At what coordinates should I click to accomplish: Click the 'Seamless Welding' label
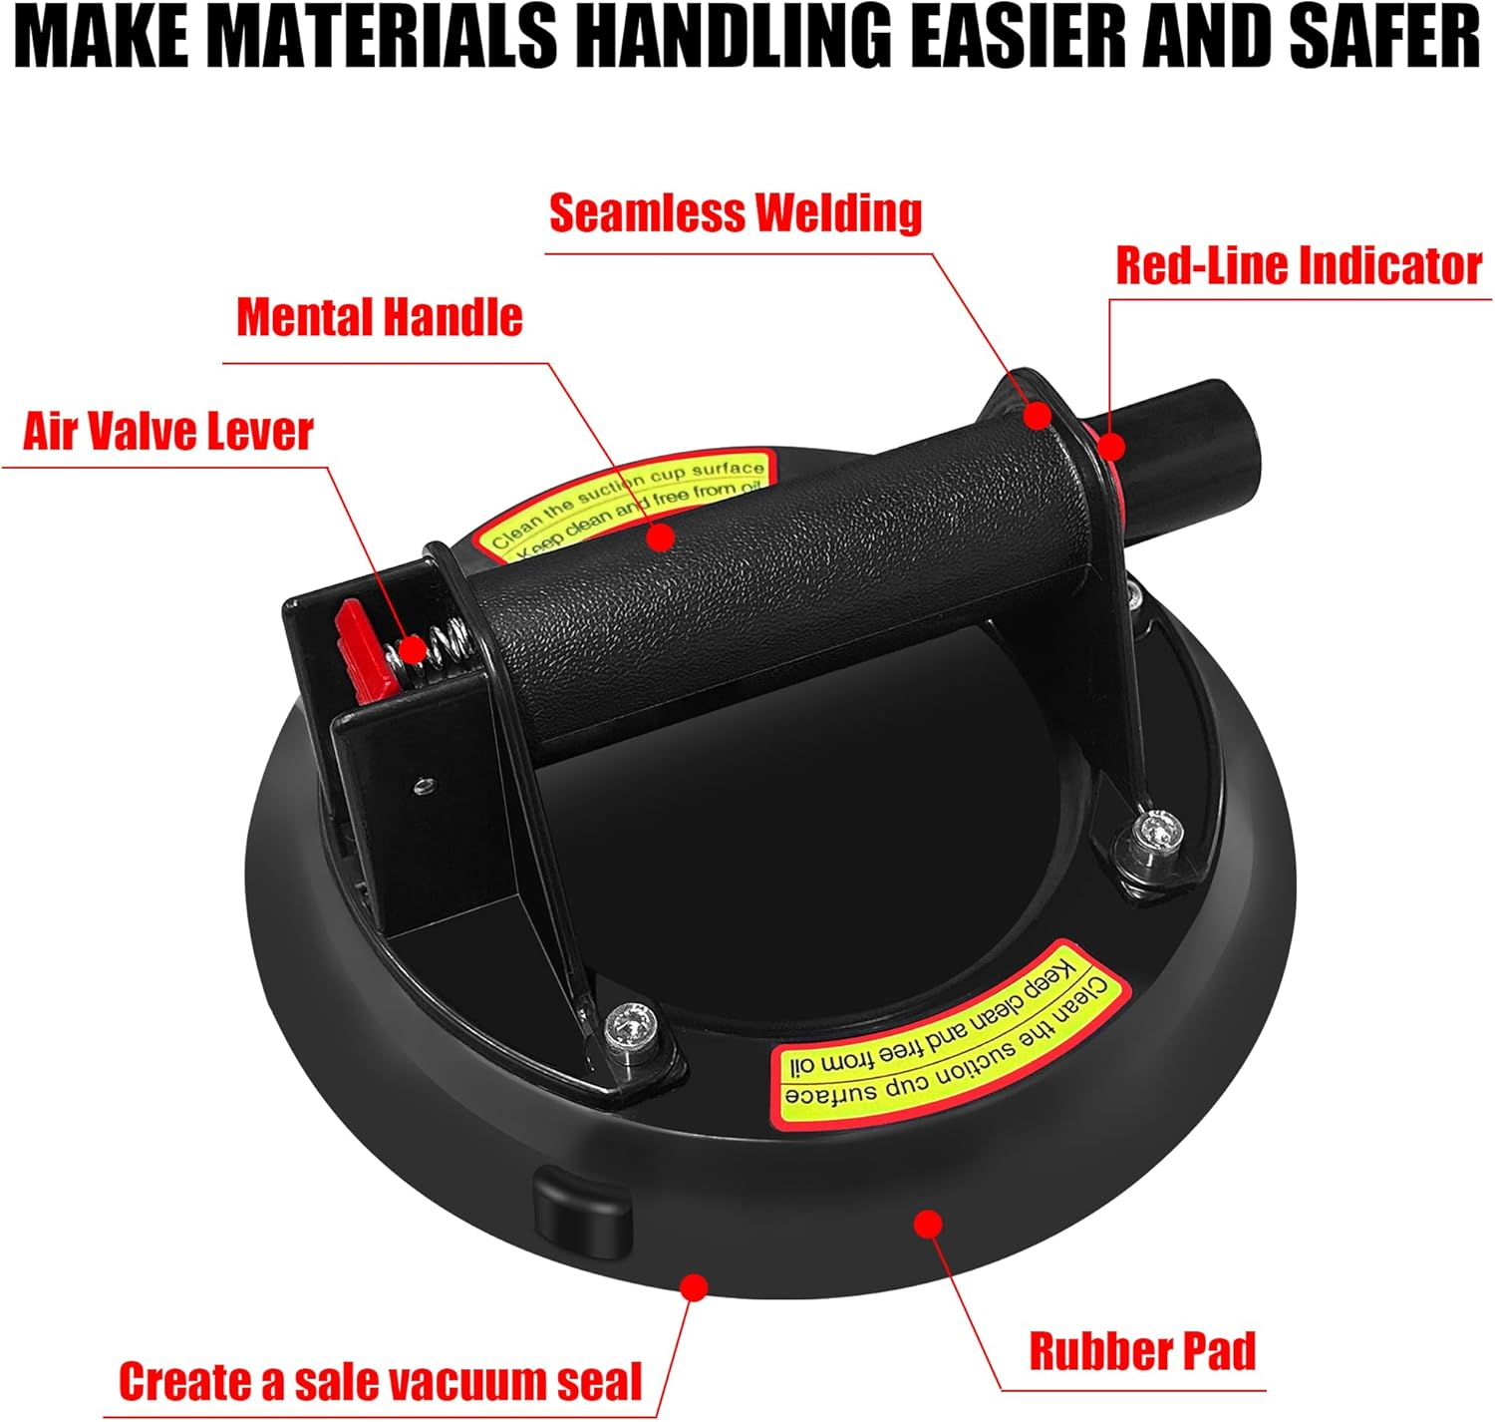[x=736, y=213]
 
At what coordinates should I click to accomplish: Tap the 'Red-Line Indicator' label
[x=1299, y=266]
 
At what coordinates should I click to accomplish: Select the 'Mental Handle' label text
[x=380, y=316]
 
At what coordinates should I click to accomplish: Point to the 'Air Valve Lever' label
[x=168, y=432]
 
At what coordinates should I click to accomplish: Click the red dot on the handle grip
[x=661, y=537]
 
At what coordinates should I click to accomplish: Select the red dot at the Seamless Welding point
[x=1036, y=415]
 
